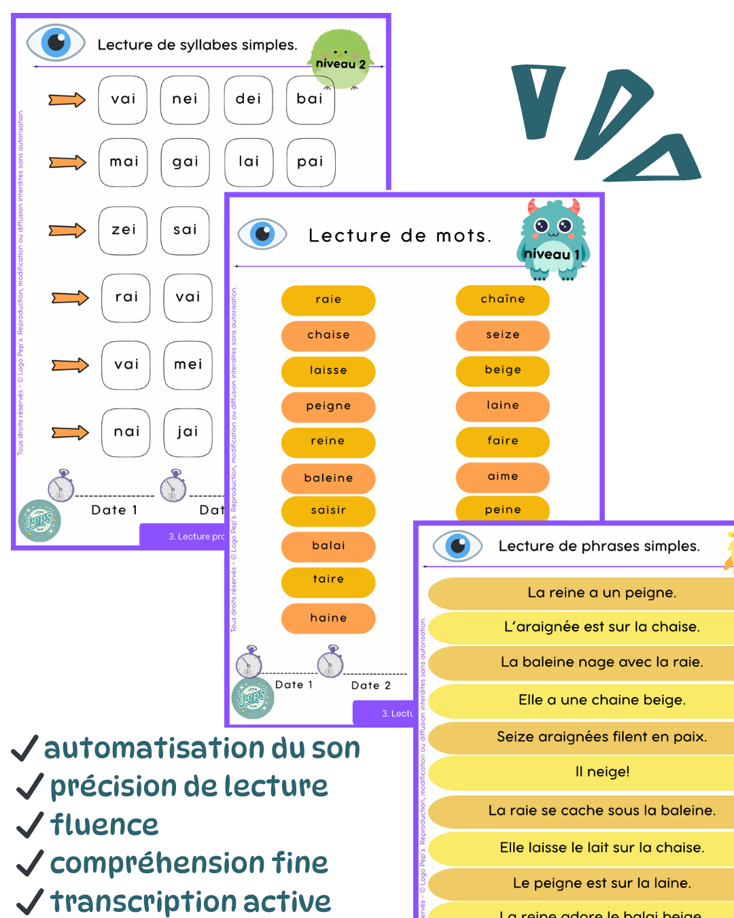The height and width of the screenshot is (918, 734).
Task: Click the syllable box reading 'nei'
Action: click(185, 100)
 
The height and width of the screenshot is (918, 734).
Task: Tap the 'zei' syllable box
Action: click(124, 231)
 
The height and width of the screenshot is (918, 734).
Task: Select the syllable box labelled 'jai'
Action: click(188, 432)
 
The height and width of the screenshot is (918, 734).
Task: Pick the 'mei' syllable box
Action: click(188, 365)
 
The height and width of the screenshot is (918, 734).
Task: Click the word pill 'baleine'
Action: click(328, 478)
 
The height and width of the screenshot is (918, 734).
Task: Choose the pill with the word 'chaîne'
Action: click(503, 300)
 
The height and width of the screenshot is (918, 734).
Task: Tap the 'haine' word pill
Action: click(328, 618)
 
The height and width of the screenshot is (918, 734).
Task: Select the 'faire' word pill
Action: click(503, 441)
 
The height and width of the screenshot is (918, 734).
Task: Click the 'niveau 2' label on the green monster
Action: click(341, 65)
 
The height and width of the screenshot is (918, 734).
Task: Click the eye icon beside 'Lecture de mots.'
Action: click(262, 234)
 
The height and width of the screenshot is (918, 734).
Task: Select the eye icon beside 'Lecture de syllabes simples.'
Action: click(56, 43)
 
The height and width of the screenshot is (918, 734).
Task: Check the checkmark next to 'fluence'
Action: click(30, 825)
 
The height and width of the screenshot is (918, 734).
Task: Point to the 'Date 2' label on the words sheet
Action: click(370, 685)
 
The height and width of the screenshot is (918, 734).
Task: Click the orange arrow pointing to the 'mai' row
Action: click(67, 163)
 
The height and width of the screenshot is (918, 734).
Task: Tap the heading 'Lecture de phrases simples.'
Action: click(599, 546)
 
